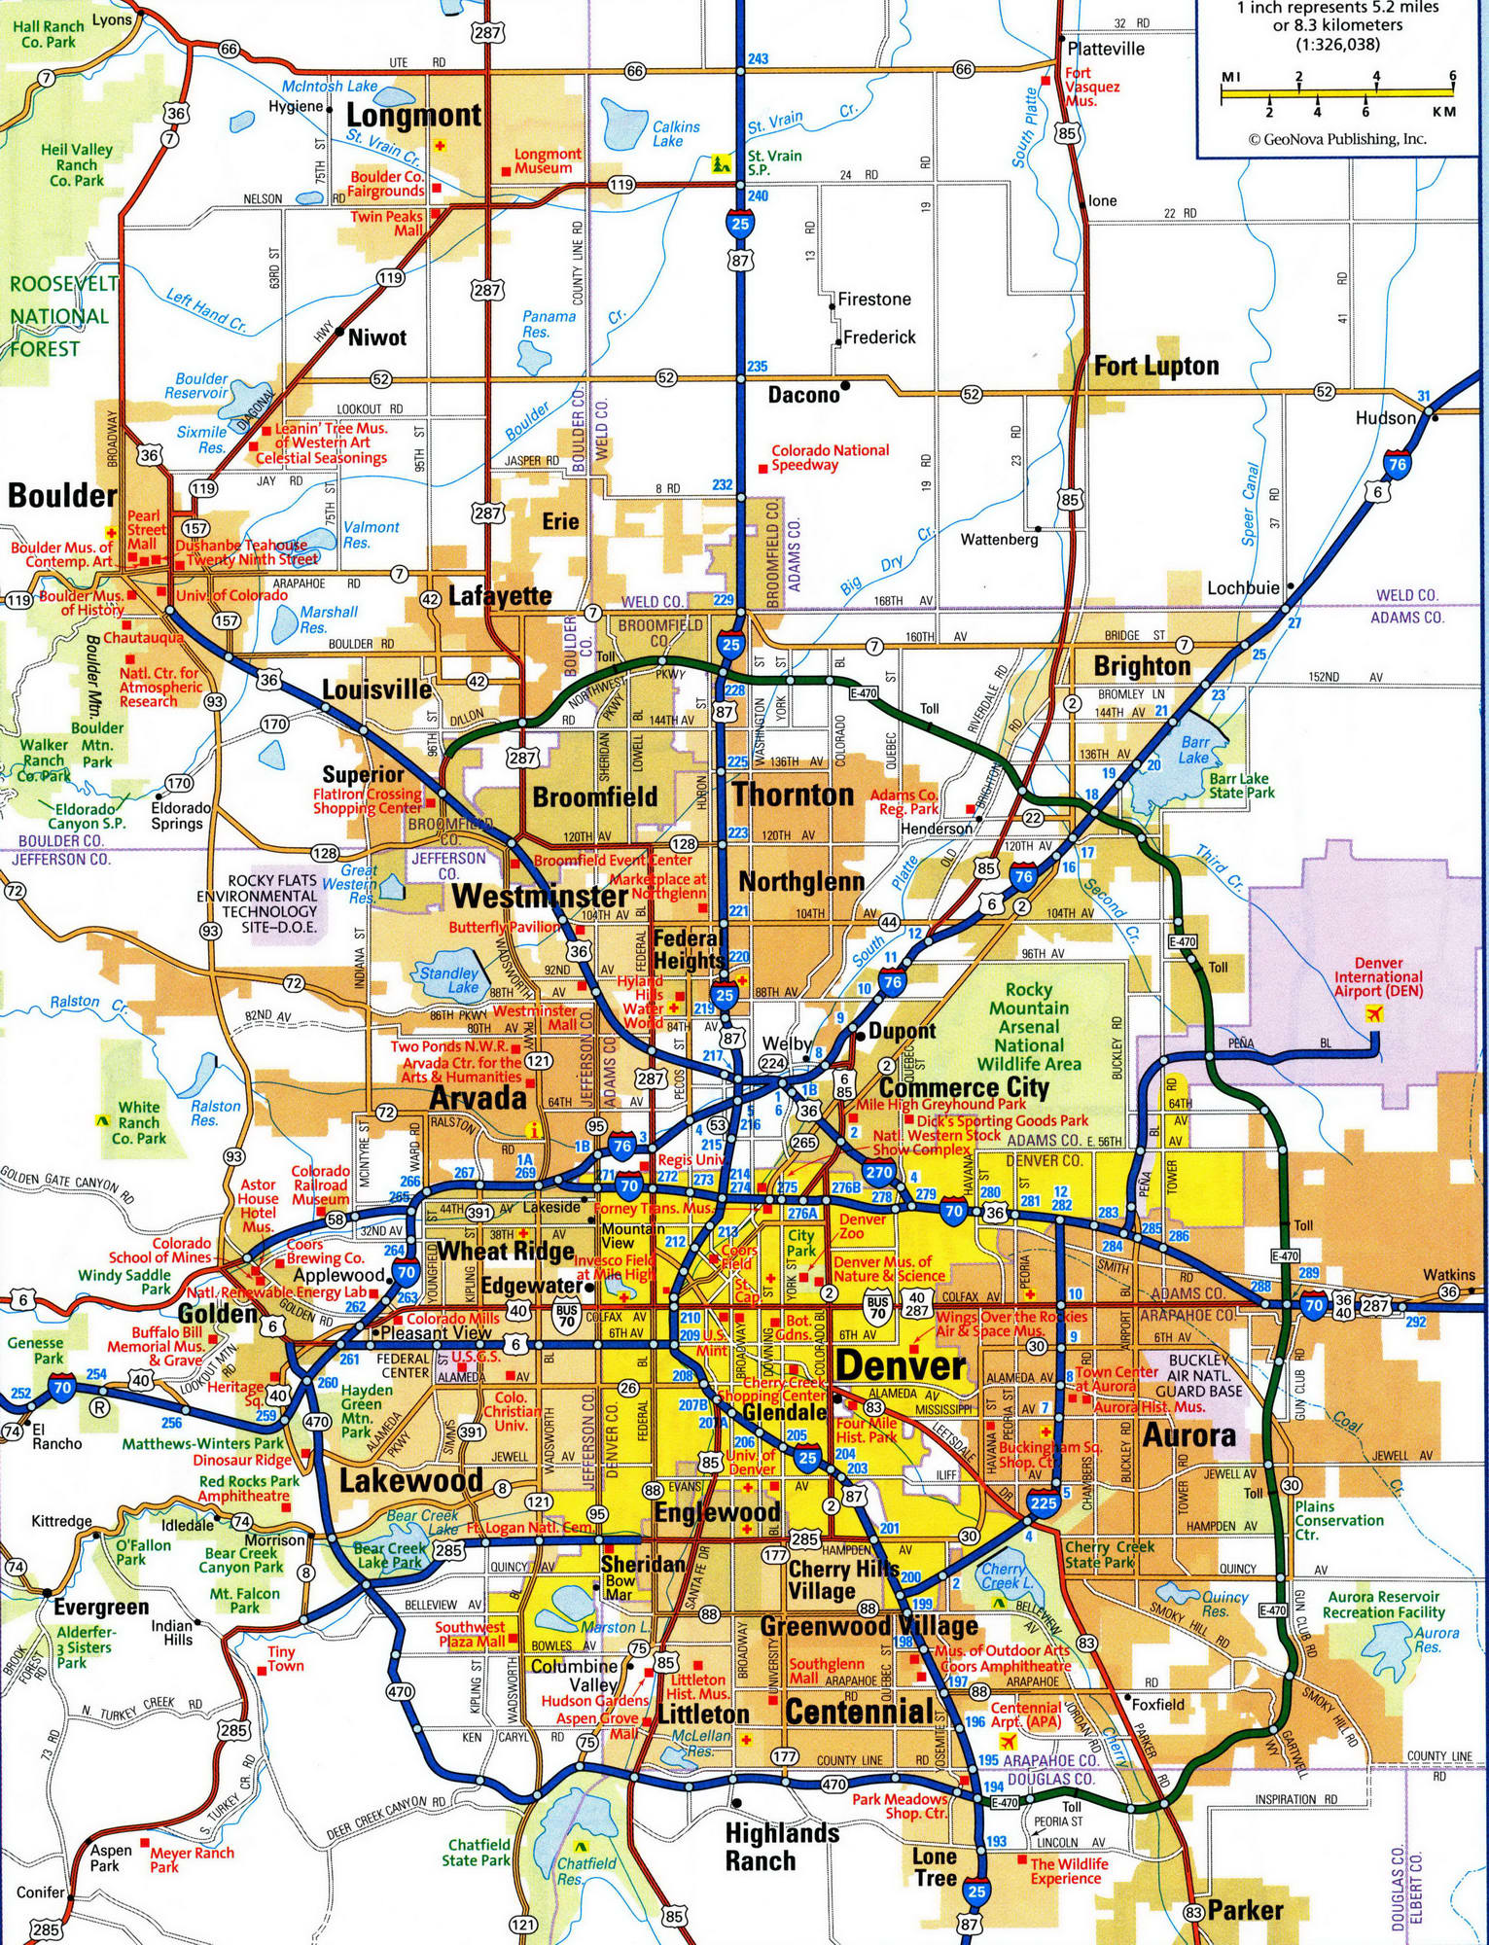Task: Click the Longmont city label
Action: click(413, 116)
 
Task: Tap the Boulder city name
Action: click(62, 496)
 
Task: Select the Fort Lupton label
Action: click(1155, 367)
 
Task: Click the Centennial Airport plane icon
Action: click(1007, 1740)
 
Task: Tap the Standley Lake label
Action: click(449, 979)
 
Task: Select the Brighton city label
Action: click(1142, 666)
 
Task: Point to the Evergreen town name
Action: click(101, 1608)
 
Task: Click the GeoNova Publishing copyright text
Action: click(1337, 139)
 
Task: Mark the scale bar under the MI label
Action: click(1337, 93)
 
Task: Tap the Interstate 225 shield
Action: click(1043, 1502)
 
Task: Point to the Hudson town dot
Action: click(1435, 417)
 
